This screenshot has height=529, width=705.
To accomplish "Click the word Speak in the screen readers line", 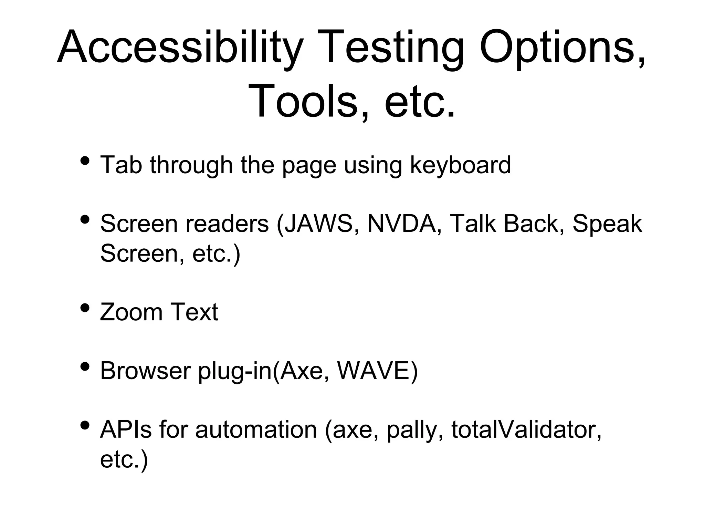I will (607, 224).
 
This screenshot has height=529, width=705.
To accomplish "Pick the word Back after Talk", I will (534, 224).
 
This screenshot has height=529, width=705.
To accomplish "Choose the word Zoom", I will (131, 312).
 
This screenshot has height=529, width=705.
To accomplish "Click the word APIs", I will (126, 430).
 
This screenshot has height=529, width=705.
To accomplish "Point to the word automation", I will (256, 430).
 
